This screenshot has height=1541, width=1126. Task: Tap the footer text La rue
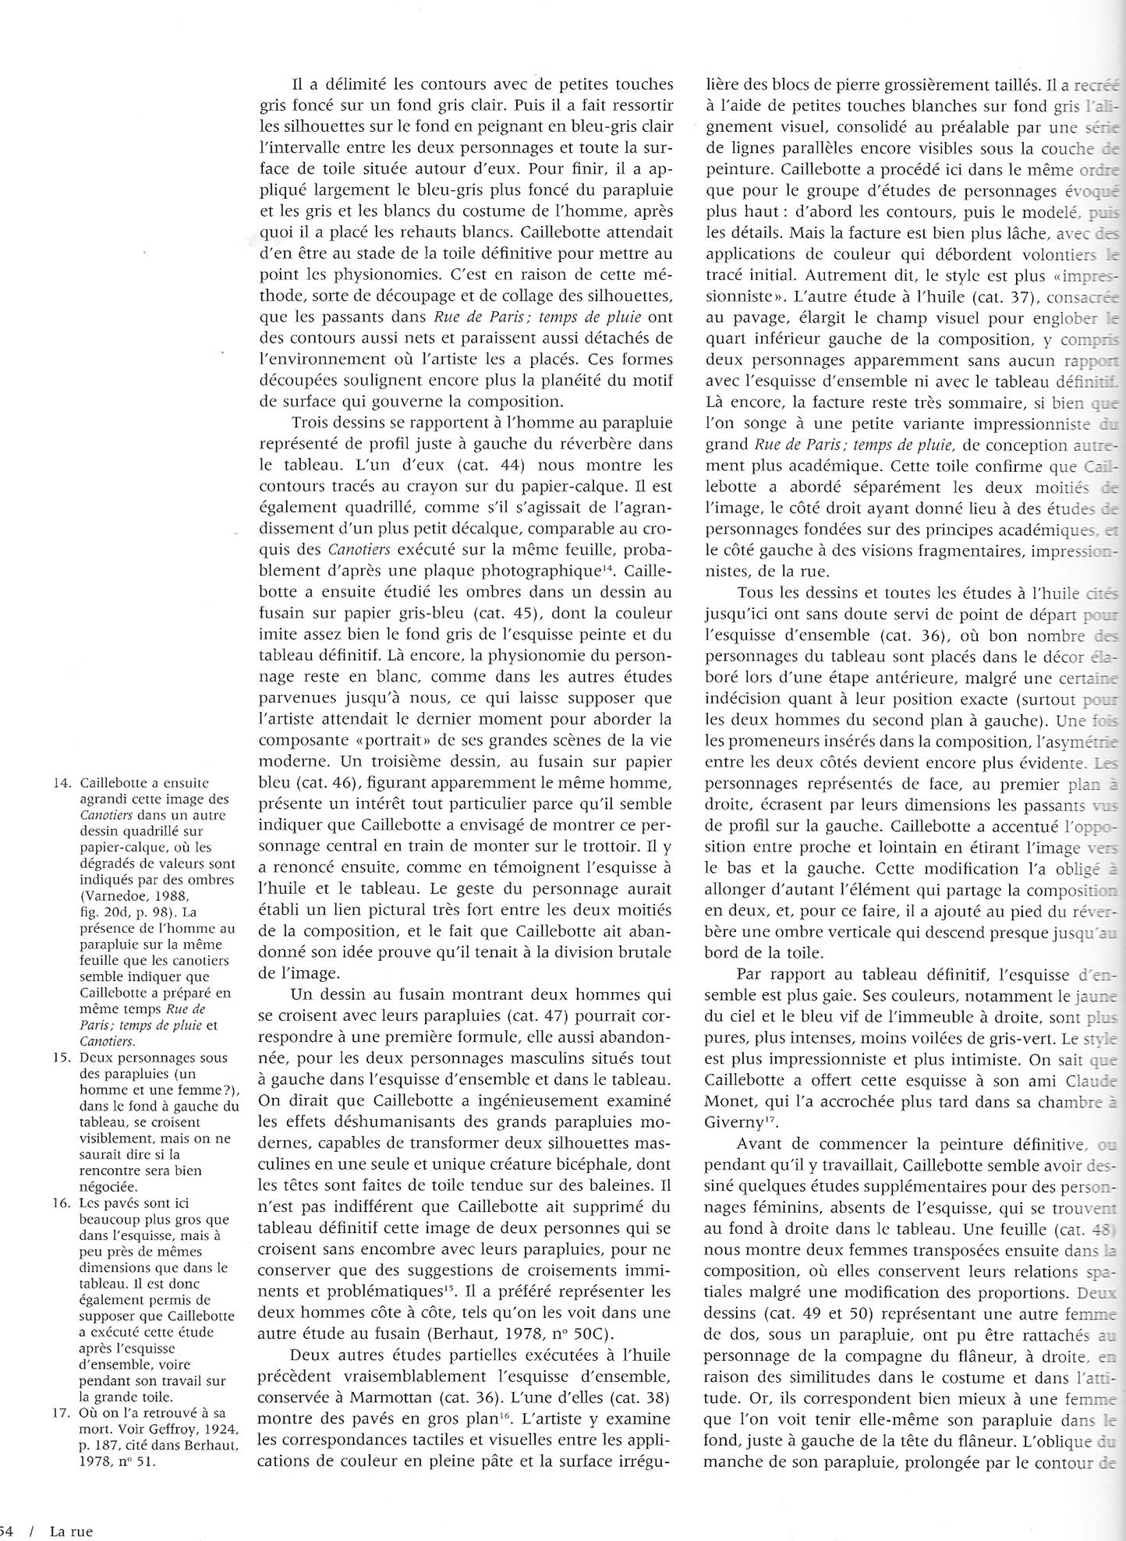coord(71,1531)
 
